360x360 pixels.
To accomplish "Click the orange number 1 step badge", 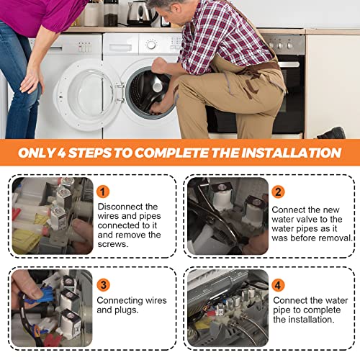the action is click(103, 192).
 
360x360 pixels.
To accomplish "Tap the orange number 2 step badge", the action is click(278, 192).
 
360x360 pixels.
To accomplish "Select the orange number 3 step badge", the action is click(104, 285).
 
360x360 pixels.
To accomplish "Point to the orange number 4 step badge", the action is click(278, 285).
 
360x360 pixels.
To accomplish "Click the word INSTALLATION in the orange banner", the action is click(291, 153).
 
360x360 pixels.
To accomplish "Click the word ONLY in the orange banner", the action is click(37, 153).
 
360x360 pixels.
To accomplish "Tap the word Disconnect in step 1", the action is click(117, 207).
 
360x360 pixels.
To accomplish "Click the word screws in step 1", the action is click(112, 244).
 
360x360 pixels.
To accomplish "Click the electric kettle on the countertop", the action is click(139, 13).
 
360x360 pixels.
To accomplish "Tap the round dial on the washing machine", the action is click(151, 45).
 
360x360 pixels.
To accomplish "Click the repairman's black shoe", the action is click(332, 133).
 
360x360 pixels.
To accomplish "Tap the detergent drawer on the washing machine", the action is click(120, 46).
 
